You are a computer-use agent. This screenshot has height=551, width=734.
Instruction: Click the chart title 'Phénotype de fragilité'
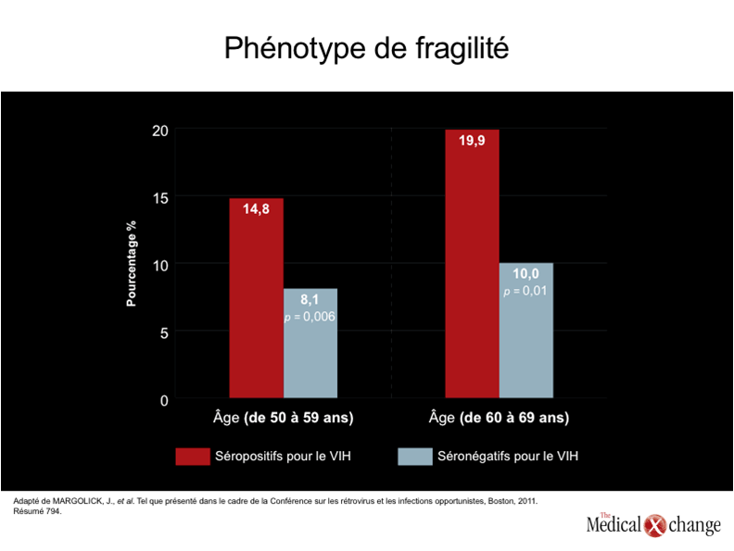click(x=366, y=49)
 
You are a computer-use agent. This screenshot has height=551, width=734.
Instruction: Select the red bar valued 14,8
click(x=256, y=298)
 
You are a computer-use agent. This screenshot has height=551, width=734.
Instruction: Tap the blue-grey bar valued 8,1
click(x=310, y=344)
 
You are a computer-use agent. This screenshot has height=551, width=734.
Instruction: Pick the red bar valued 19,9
click(x=472, y=264)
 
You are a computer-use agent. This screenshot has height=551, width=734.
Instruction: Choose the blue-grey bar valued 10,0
click(x=525, y=331)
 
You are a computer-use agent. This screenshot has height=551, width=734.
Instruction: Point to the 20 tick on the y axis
click(x=160, y=131)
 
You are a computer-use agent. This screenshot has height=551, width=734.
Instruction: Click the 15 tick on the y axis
click(x=160, y=198)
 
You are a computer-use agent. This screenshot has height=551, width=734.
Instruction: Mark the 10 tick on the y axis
click(x=160, y=266)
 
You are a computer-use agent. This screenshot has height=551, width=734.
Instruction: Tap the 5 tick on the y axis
click(x=164, y=333)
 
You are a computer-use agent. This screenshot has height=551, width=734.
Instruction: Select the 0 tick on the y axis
click(x=164, y=400)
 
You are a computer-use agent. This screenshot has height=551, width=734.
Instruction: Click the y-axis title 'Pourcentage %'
click(x=132, y=263)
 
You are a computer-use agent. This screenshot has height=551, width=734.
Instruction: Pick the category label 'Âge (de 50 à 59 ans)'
click(x=284, y=418)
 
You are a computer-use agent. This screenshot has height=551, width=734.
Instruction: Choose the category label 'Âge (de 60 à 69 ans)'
click(x=499, y=418)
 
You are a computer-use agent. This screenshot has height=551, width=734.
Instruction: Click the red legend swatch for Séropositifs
click(x=193, y=457)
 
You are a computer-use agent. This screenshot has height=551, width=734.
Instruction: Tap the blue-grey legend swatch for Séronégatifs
click(x=415, y=457)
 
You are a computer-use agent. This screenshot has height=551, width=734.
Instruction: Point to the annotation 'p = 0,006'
click(x=310, y=317)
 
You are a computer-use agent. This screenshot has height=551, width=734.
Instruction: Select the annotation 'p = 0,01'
click(x=525, y=291)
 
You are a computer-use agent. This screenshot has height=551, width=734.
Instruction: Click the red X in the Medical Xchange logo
click(x=655, y=525)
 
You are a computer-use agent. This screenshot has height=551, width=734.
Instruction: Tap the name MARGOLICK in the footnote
click(x=77, y=501)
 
